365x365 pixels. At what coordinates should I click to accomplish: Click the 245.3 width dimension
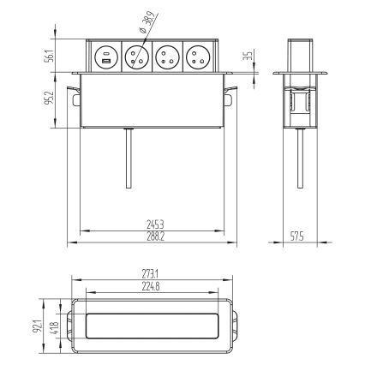coord(156,224)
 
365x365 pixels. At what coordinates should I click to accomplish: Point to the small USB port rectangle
coord(105,63)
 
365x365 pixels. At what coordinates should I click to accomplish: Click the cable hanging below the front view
coord(128,159)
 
